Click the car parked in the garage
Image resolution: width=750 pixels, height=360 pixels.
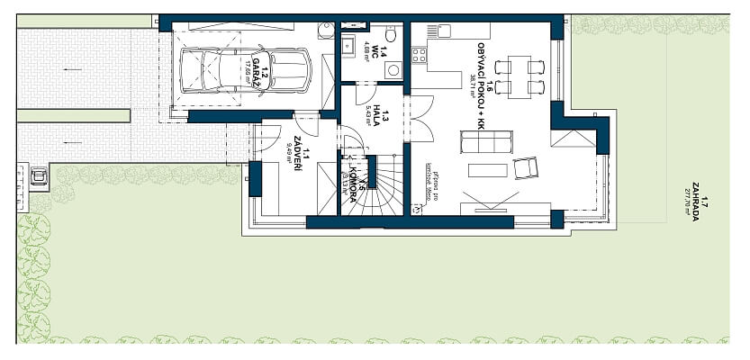coord(246,68)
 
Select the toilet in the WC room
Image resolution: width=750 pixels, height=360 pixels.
coord(390,35)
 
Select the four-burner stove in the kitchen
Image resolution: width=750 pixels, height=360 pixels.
coord(419,56)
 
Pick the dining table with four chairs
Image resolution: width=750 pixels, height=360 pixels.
coord(520,77)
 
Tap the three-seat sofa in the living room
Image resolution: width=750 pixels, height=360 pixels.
coord(486,142)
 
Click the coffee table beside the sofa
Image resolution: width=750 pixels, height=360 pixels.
coord(487,170)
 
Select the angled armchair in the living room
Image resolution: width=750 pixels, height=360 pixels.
coord(525,167)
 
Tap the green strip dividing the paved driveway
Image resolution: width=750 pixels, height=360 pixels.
coord(73,115)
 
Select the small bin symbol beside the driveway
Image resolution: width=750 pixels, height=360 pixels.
coord(38,175)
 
